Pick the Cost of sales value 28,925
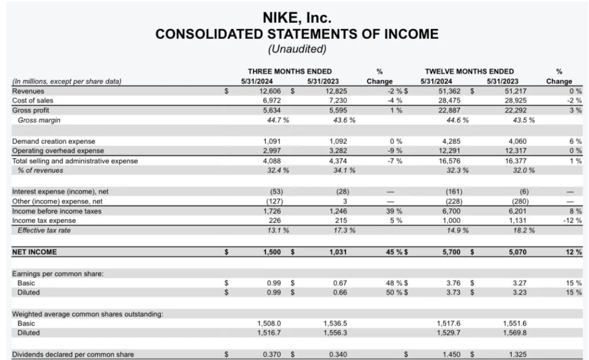[x=516, y=100]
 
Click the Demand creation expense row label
[x=54, y=142]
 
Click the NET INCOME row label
[x=34, y=252]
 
